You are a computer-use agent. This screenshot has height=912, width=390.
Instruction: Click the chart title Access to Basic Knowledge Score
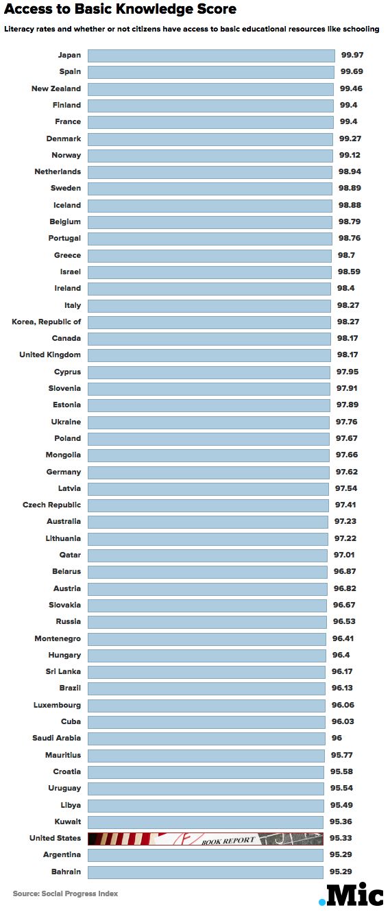point(120,9)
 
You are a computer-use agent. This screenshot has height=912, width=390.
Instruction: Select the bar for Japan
point(211,56)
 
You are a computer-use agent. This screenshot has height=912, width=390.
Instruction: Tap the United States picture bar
point(206,839)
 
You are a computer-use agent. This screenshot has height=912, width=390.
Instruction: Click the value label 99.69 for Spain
point(352,71)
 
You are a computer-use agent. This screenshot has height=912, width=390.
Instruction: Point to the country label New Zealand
point(56,88)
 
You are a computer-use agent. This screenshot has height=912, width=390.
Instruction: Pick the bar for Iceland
point(210,206)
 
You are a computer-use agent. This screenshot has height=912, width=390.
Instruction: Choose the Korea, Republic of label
point(47,322)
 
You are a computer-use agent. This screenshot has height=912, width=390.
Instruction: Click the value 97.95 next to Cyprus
point(348,372)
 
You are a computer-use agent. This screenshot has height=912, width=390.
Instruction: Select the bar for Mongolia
point(208,455)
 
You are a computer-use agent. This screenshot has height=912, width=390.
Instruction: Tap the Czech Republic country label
point(51,505)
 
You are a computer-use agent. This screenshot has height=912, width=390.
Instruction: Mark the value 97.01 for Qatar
point(344,555)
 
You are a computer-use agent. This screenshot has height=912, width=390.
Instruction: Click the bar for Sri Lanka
point(207,672)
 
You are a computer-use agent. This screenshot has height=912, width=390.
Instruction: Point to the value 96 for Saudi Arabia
point(337,739)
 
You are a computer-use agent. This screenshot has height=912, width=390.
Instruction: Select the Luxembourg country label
point(57,706)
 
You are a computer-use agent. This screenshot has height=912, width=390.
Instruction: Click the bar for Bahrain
point(206,872)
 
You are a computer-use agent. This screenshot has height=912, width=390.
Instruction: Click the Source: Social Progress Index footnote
point(65,893)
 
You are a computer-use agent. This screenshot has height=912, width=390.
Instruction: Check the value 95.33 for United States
point(341,839)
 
